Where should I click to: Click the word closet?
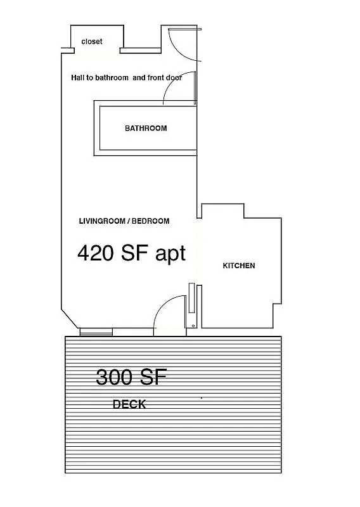pos(92,42)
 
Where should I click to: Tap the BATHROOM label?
pos(146,128)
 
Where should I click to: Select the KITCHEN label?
pos(239,266)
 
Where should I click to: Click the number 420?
pos(96,253)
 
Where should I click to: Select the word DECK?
pos(129,404)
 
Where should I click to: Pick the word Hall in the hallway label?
pos(77,78)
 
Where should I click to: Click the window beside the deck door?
pos(96,332)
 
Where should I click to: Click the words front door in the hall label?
pos(165,78)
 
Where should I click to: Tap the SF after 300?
pos(153,378)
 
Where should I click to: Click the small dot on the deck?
pos(202,398)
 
